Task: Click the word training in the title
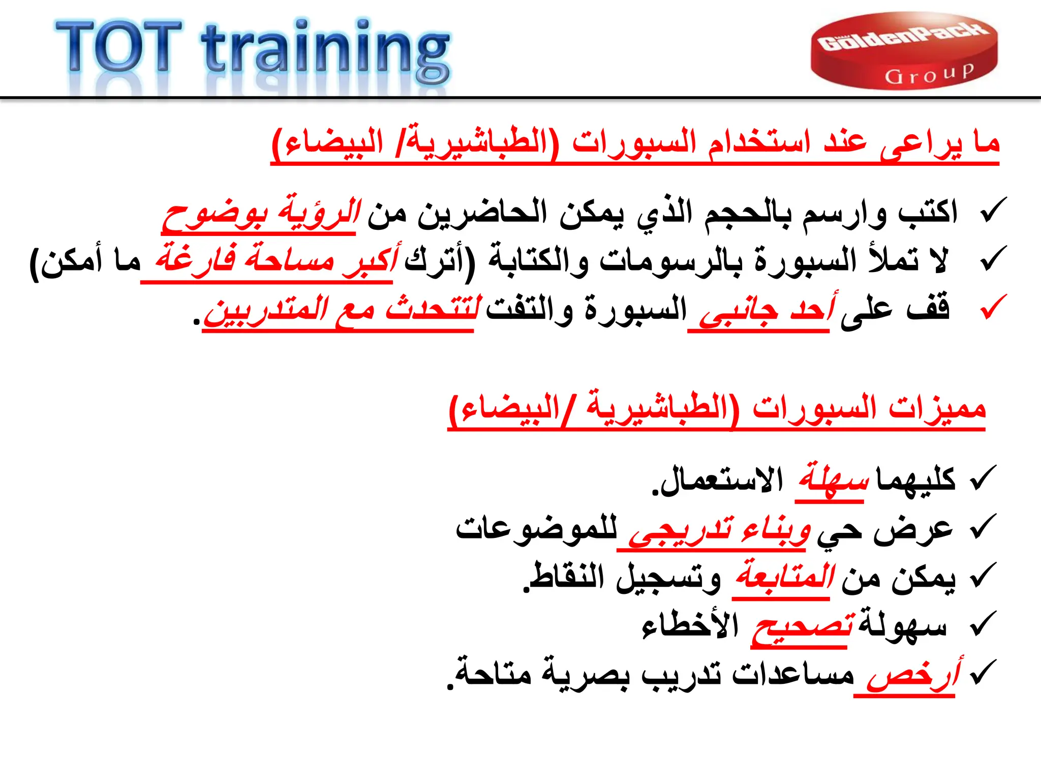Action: (x=325, y=51)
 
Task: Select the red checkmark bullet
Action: (x=993, y=307)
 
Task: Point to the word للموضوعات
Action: (x=537, y=529)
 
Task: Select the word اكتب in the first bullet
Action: (x=928, y=212)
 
